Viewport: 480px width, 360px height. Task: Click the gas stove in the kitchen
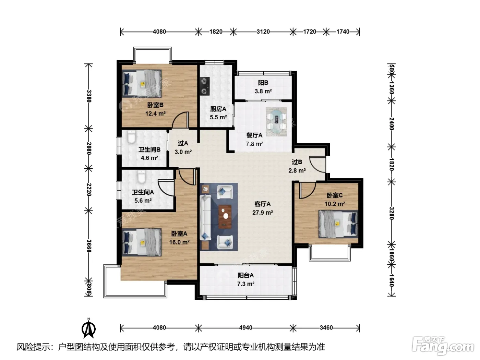pos(204,86)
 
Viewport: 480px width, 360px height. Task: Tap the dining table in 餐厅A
pos(276,121)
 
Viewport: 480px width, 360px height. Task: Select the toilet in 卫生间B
pos(131,137)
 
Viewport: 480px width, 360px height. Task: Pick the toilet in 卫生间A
pos(142,177)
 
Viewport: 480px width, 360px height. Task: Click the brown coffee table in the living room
pos(225,217)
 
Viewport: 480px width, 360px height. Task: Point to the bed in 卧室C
pos(338,224)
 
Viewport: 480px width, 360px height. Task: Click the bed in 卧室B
pos(142,84)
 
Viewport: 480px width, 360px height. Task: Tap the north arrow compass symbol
pos(88,328)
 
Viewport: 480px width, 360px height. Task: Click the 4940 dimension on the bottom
pos(246,328)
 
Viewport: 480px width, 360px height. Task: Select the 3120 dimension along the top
pos(263,32)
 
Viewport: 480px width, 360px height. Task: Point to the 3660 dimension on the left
pos(88,246)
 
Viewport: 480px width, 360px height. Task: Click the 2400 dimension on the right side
pos(391,124)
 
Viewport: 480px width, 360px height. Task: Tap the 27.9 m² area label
pos(262,213)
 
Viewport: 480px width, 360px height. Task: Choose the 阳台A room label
pos(245,275)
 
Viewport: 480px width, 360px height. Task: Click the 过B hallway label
pos(297,162)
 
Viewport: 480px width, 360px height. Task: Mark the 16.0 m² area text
pos(179,242)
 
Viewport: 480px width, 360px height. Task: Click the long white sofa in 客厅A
pos(205,218)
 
